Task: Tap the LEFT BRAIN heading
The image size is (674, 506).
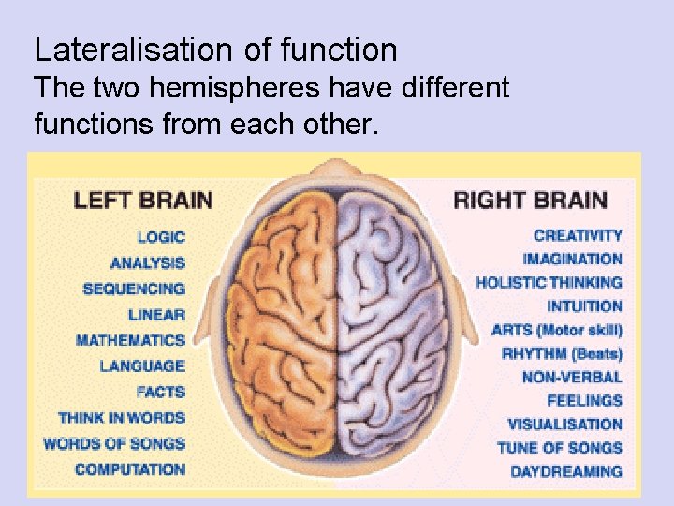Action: click(x=143, y=201)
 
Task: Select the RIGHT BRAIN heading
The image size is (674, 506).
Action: click(x=530, y=201)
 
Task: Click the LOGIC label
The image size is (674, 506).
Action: click(x=161, y=238)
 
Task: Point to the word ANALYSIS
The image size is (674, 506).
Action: click(x=148, y=263)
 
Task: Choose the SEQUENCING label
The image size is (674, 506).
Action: click(x=134, y=289)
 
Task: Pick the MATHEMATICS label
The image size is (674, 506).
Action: click(x=130, y=340)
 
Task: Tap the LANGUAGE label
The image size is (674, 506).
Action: click(x=142, y=366)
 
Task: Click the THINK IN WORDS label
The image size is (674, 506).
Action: click(x=122, y=418)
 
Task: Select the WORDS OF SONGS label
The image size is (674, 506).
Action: click(x=114, y=443)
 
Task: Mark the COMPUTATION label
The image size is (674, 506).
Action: click(x=130, y=469)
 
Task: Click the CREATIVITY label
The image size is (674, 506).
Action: click(x=578, y=236)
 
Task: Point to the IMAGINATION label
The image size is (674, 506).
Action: click(x=573, y=260)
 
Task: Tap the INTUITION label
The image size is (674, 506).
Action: click(x=585, y=306)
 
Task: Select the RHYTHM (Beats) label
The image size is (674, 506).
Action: click(x=562, y=354)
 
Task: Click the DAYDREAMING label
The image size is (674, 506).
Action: click(x=566, y=471)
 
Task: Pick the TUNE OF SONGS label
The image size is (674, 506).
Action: click(x=559, y=448)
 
